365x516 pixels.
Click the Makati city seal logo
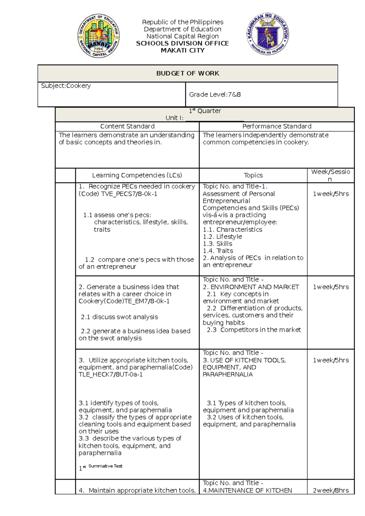(99, 36)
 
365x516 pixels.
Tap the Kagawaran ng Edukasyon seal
(267, 34)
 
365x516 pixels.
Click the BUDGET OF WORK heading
(188, 73)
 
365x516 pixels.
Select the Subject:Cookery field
(66, 86)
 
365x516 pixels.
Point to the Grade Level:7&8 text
(215, 95)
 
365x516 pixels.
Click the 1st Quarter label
(205, 111)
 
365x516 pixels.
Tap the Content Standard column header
(127, 126)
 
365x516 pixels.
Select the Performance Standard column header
(276, 126)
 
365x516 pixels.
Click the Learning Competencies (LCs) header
(137, 175)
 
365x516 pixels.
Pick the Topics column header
(253, 175)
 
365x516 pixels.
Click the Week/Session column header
(330, 175)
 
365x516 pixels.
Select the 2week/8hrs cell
(331, 490)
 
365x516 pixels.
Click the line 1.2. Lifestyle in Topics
(222, 236)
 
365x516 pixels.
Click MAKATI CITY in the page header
(182, 50)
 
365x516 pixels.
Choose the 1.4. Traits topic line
(218, 251)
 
